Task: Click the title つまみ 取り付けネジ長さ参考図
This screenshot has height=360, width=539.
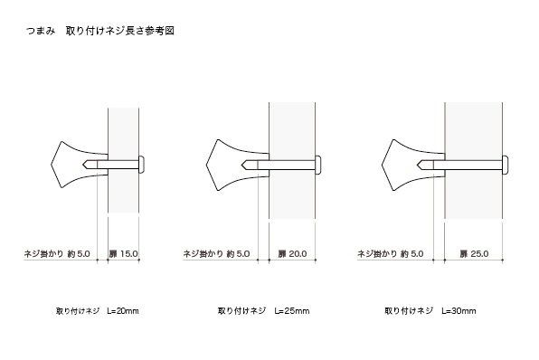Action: coord(100,31)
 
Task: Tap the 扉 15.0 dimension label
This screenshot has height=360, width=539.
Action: coord(123,254)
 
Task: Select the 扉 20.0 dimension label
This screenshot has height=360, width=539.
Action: coord(292,254)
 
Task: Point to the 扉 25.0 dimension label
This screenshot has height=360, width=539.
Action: coord(474,254)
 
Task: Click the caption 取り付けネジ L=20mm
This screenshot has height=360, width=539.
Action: coord(98,311)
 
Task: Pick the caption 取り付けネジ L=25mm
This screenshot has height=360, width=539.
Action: coord(264,311)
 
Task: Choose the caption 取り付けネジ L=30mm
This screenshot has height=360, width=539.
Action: coord(430,311)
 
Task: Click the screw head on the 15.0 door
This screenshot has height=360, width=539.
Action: coord(141,165)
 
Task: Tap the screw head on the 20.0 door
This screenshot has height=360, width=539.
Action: coord(318,165)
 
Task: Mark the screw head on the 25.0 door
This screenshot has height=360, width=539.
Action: coord(506,165)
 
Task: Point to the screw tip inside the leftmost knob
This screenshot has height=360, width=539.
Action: coord(83,165)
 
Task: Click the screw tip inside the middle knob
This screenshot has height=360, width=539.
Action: coord(242,165)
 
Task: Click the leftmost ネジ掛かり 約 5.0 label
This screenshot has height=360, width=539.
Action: coord(57,254)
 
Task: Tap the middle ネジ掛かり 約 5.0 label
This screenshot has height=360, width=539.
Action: coord(216,254)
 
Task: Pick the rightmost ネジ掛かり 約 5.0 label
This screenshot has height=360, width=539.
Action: coord(390,254)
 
